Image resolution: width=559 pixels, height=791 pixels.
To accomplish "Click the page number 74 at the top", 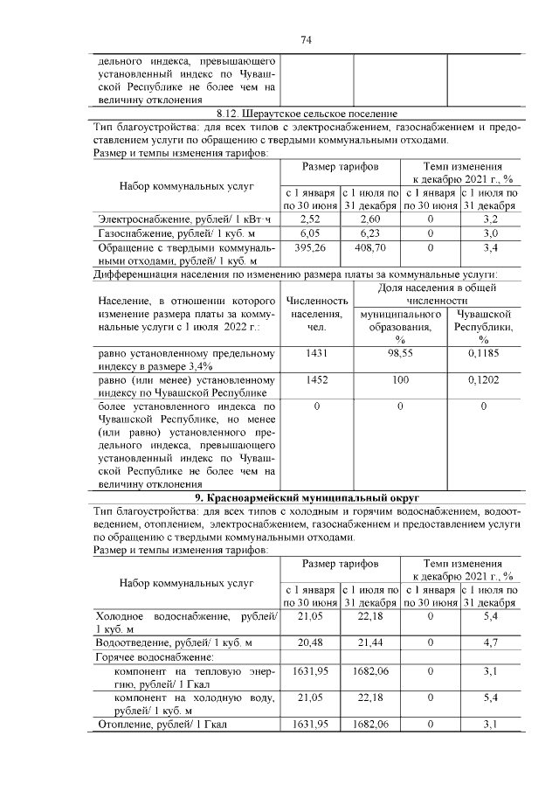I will coord(307,39).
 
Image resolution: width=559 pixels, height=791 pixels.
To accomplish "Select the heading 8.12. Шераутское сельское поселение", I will coord(307,114).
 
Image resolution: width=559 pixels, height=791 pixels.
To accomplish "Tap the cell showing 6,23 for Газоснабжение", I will coord(369,233).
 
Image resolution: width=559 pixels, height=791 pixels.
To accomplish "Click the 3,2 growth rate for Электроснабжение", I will coord(490,219).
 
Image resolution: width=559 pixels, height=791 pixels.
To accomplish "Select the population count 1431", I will coord(316,353).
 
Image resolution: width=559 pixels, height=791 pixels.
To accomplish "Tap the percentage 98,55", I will coord(399,353).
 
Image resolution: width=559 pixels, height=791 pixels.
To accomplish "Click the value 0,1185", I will coord(483,353).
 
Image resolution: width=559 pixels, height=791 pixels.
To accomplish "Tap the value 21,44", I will coord(369,642).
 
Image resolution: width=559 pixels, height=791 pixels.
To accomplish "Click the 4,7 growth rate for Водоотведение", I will coord(490,642).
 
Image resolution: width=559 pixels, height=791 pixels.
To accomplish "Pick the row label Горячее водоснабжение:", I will coord(154,656).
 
